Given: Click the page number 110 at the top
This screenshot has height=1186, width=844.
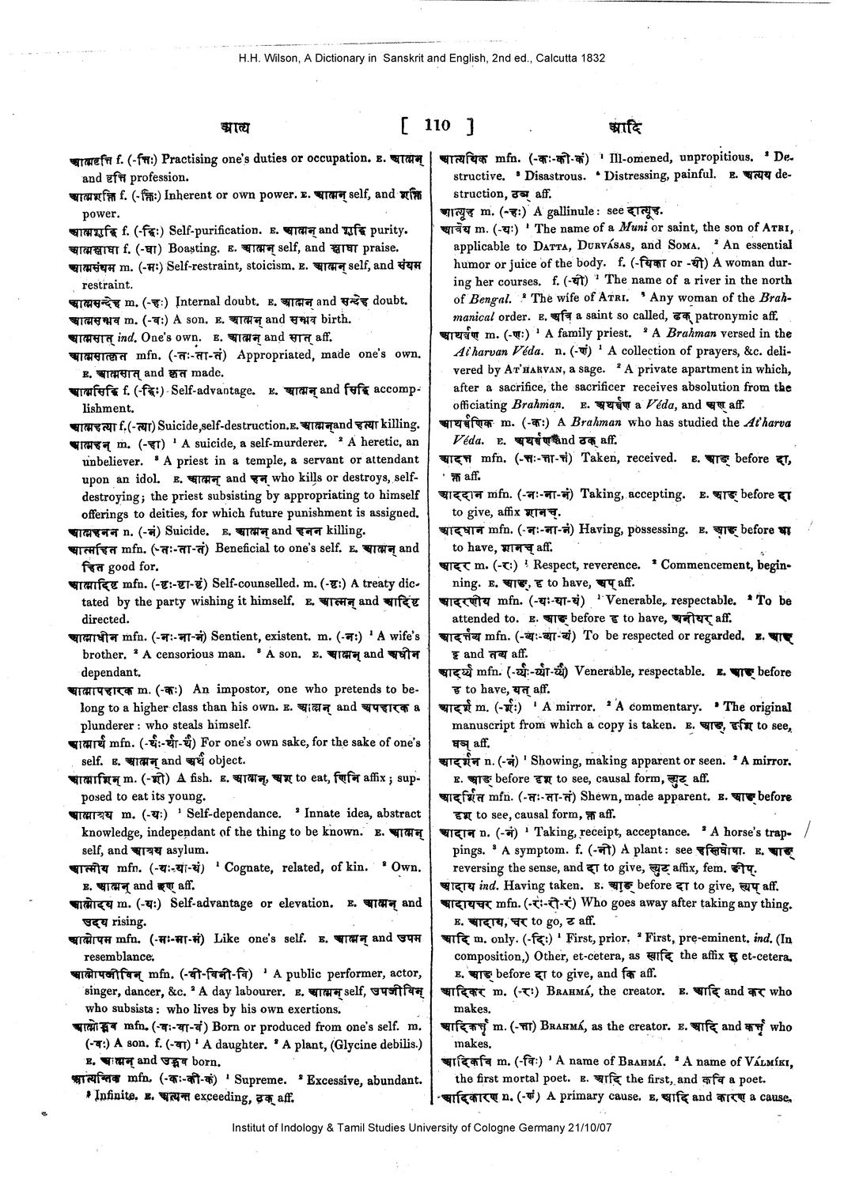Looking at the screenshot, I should point(437,125).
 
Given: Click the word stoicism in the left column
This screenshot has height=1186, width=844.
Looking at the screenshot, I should point(267,266).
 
